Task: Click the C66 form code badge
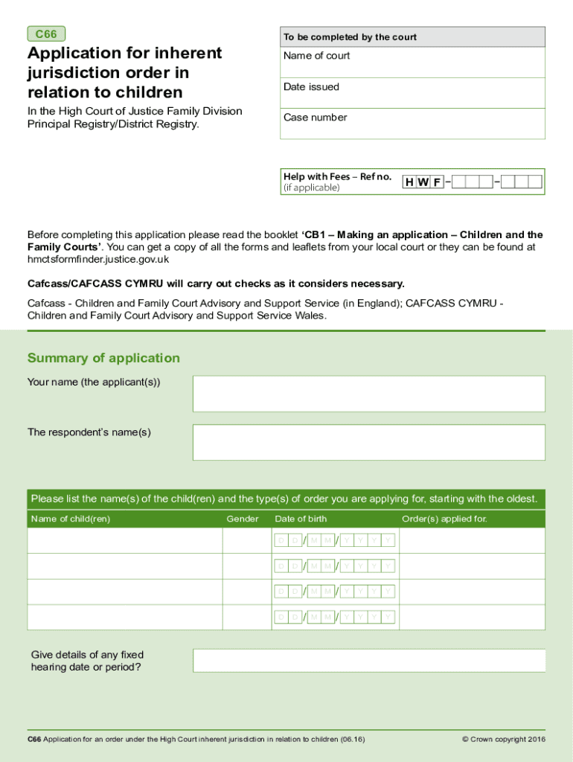46,34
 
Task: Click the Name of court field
412,63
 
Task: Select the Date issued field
412,93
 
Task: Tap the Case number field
412,124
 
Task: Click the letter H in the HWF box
409,182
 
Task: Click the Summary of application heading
103,358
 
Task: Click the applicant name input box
368,394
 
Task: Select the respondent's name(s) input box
368,442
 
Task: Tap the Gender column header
243,519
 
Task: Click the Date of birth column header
301,519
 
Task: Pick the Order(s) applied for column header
444,519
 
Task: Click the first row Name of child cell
125,541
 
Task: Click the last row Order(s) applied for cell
472,617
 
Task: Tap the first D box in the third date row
281,592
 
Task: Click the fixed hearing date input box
368,661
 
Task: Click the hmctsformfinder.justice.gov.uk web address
98,260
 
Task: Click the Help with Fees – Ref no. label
337,176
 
